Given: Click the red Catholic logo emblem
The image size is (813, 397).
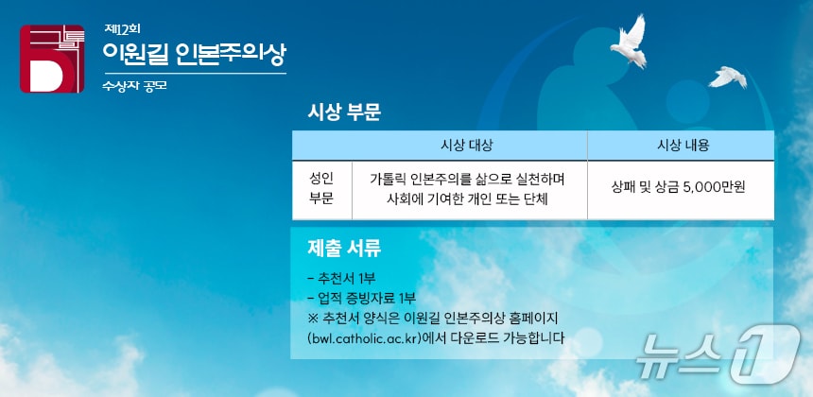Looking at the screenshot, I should (52, 59).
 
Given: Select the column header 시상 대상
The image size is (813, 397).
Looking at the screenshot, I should (467, 146).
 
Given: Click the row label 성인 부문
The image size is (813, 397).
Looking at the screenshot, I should (321, 188).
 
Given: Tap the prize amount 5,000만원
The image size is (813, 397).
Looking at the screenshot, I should (713, 188).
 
